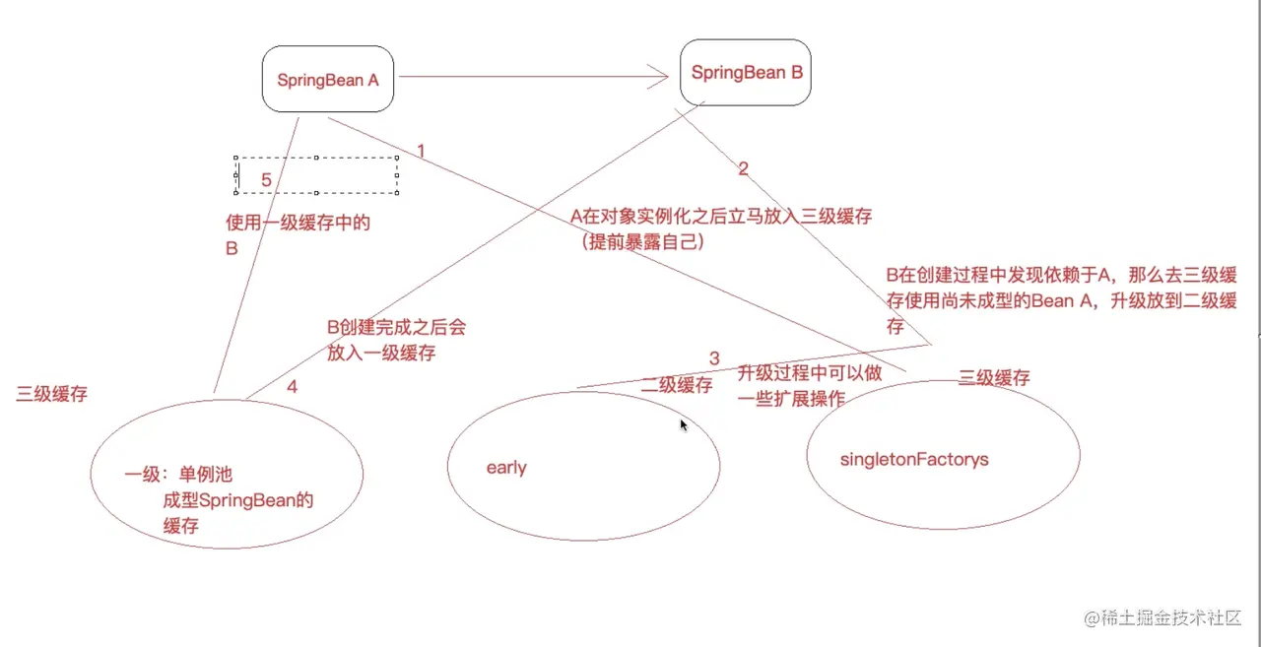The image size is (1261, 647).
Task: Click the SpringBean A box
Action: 328,80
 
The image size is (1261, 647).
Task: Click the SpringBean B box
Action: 745,73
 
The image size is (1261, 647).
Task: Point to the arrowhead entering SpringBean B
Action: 660,76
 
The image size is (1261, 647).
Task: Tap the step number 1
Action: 421,151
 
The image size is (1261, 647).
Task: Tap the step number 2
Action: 743,168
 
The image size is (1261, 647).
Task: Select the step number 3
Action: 714,357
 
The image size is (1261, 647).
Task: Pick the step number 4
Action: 292,387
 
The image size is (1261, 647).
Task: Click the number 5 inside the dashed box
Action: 266,180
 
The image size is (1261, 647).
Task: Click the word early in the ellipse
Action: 506,468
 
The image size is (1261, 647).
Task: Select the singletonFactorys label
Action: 914,459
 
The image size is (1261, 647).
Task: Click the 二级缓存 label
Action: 677,385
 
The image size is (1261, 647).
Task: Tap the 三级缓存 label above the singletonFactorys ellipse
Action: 995,378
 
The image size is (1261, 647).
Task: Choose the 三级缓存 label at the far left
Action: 52,394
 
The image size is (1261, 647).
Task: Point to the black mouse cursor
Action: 683,423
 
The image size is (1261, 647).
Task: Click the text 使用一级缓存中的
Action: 298,224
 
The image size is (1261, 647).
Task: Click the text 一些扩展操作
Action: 792,398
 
